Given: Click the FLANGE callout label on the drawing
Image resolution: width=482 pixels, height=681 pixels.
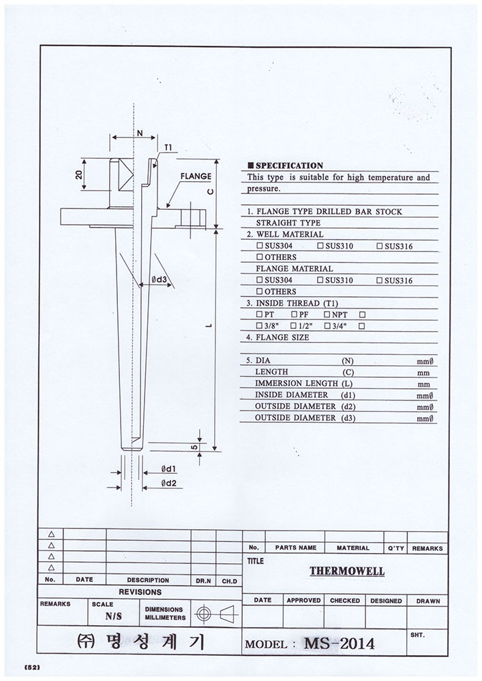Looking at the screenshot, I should [196, 176].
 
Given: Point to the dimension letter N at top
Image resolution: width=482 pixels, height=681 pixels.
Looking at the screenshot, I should [139, 133].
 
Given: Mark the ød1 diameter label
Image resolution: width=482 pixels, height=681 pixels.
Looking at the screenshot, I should [169, 469].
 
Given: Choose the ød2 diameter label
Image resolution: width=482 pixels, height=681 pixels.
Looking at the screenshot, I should [170, 483].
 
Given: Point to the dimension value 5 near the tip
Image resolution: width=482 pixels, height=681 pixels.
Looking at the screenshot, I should [195, 447].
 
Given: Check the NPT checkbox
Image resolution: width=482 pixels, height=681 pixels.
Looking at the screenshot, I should [327, 315].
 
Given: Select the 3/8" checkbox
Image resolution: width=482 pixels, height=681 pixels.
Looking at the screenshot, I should [259, 326].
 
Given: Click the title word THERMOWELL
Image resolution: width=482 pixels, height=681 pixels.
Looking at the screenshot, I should [347, 572].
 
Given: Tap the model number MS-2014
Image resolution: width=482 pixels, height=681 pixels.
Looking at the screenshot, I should [339, 642].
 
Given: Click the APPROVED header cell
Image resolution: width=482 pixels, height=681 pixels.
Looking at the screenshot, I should [303, 601].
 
